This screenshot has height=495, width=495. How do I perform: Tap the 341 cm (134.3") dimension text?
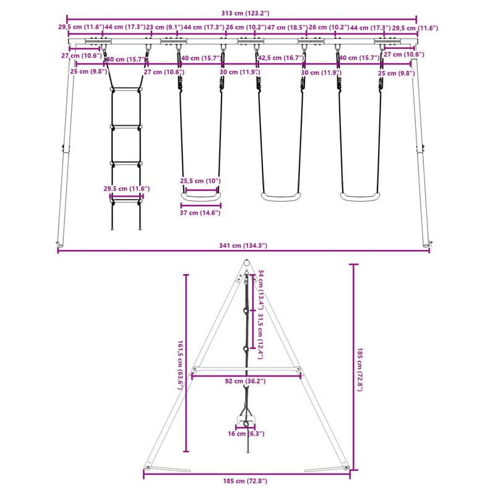pyautogui.click(x=243, y=246)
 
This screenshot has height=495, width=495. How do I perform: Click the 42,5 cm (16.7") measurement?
pyautogui.click(x=279, y=58)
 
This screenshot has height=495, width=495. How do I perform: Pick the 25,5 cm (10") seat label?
pyautogui.click(x=200, y=181)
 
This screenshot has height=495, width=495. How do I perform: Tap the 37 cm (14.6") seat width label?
pyautogui.click(x=200, y=212)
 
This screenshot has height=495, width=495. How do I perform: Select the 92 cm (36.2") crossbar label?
pyautogui.click(x=246, y=381)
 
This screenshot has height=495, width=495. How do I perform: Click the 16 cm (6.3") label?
pyautogui.click(x=246, y=434)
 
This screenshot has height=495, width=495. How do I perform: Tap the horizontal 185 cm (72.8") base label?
pyautogui.click(x=246, y=480)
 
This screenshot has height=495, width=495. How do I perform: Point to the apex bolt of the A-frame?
pyautogui.click(x=246, y=267)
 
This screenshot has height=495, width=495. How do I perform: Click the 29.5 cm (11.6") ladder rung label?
pyautogui.click(x=126, y=188)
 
